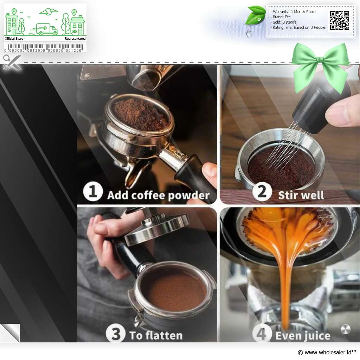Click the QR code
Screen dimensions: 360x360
click(340, 20)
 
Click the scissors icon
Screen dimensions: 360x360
click(12, 62)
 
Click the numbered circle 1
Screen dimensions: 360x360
click(93, 191)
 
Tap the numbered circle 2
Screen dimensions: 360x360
click(262, 191)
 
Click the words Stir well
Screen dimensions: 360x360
click(301, 195)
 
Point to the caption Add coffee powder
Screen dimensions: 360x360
click(158, 195)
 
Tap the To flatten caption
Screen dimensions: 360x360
click(156, 335)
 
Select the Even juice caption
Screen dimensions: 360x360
click(303, 336)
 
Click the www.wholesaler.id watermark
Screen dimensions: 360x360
click(327, 352)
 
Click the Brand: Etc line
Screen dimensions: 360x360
click(281, 17)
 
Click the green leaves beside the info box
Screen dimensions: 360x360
click(255, 15)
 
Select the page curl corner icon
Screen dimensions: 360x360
click(10, 333)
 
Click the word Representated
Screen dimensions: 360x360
click(75, 39)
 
